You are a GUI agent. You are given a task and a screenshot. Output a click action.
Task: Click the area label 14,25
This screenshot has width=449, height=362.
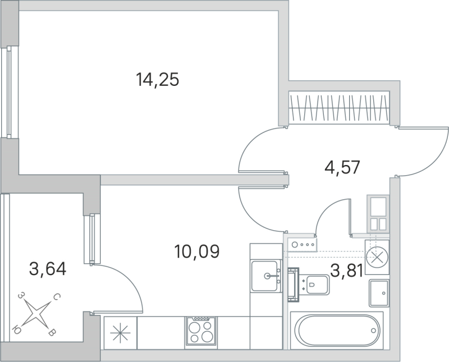(157, 80)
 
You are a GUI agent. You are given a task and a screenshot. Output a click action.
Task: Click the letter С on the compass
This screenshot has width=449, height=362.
(57, 298)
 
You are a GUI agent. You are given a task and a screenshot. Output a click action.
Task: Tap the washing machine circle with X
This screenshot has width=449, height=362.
(377, 257)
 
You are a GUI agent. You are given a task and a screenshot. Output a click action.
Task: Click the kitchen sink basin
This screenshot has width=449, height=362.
(266, 276)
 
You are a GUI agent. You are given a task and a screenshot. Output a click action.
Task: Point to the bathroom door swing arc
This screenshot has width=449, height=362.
(330, 210)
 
